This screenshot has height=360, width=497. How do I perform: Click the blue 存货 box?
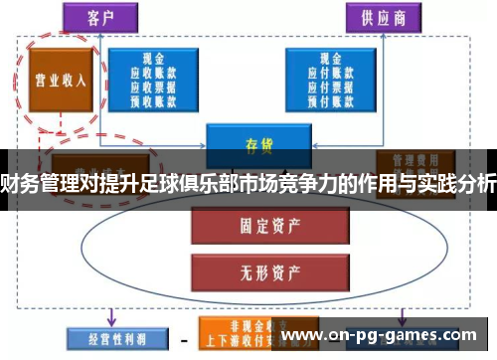tap(251, 143)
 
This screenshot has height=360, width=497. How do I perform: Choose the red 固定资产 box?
tap(251, 225)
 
